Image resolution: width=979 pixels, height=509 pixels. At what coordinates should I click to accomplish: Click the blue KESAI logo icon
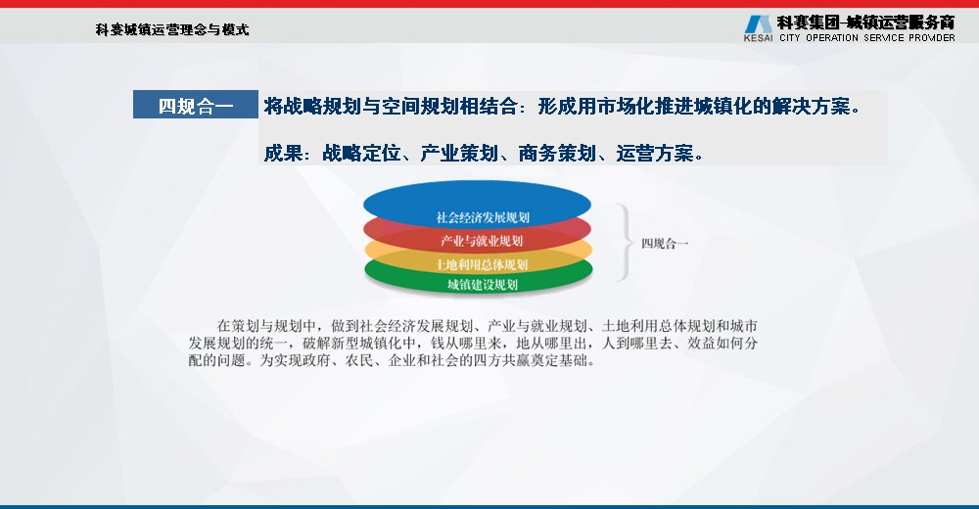758,24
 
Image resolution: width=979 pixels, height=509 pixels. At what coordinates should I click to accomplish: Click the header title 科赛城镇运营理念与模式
172,29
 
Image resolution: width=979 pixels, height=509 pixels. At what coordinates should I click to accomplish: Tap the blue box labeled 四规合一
196,105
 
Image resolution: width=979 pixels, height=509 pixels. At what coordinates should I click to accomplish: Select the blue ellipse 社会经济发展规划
477,203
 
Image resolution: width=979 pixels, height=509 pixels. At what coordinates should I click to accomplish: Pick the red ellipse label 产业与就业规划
482,241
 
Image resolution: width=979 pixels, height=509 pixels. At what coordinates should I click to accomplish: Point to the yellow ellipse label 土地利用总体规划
482,264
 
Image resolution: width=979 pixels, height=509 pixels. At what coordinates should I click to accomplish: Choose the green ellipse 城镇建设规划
479,277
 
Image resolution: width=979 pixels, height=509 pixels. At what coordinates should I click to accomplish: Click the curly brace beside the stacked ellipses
625,243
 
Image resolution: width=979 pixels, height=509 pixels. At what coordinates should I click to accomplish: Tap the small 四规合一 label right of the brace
665,244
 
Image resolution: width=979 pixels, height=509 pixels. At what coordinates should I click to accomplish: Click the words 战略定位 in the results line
361,153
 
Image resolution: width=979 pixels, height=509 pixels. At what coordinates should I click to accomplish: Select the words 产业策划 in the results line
459,153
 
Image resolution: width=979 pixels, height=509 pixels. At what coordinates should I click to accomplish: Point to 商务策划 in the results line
558,153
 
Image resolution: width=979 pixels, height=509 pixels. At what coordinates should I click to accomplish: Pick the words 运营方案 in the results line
655,153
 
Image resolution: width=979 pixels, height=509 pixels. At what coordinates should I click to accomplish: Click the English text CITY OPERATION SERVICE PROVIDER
867,37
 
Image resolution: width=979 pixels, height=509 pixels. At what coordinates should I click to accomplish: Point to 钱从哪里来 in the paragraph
466,343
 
